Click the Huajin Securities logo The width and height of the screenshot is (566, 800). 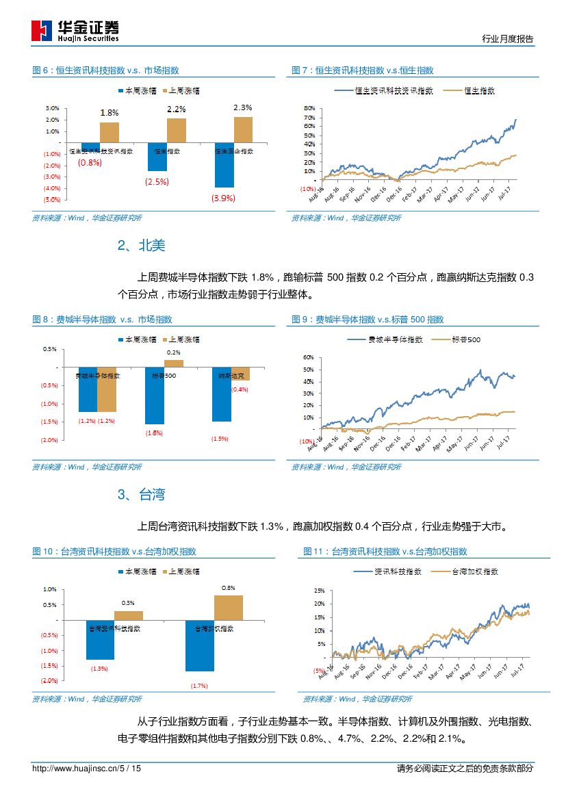point(75,31)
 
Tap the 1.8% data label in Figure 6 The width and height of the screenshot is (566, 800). point(109,112)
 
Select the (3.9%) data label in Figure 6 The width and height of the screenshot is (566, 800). point(223,198)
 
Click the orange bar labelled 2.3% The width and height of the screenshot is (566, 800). point(243,129)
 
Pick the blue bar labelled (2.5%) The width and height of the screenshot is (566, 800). point(157,157)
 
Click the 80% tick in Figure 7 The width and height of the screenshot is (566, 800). point(309,108)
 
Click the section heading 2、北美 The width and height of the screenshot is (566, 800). point(141,246)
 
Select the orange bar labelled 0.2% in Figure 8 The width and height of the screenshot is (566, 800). point(174,363)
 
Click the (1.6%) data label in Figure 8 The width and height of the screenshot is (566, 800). point(154,433)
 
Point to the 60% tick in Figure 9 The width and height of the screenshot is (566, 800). point(308,357)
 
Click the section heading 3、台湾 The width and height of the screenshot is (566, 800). point(141,495)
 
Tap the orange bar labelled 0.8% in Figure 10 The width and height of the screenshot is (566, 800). point(229,608)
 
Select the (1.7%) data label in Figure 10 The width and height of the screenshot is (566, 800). point(199,685)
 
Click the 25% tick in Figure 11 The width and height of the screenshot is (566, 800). point(319,590)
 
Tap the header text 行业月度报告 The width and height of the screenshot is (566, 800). point(507,39)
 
